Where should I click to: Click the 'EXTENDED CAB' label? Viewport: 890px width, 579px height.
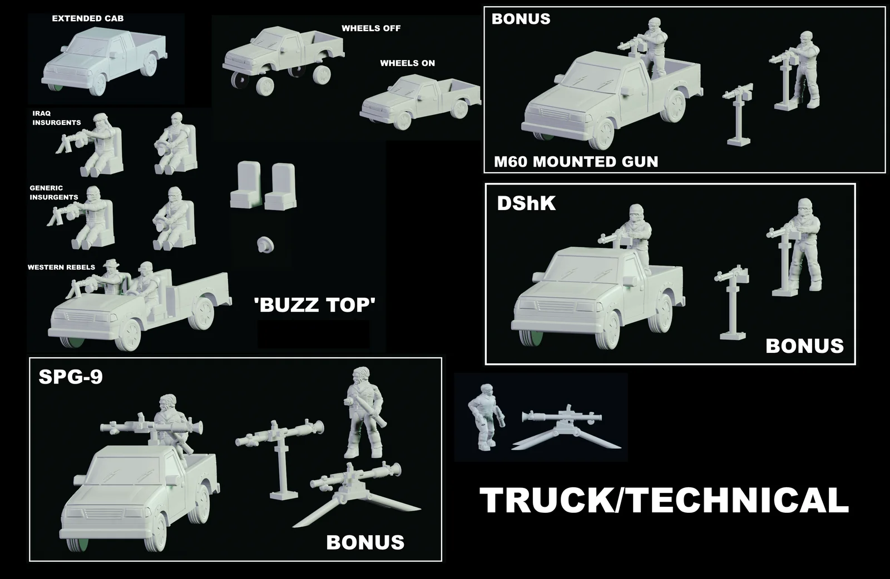click(88, 18)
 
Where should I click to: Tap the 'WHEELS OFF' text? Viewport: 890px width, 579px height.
click(370, 28)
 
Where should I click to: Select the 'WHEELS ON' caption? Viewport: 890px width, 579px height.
click(407, 63)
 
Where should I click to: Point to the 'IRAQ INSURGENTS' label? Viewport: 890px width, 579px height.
click(56, 118)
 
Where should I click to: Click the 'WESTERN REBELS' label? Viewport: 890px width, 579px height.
click(61, 267)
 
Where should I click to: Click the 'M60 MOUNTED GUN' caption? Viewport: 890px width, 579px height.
click(576, 162)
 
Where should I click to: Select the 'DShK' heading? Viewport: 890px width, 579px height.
click(526, 203)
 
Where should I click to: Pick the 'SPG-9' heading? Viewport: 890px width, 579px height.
click(71, 377)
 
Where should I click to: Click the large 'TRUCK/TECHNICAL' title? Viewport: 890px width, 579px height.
click(664, 500)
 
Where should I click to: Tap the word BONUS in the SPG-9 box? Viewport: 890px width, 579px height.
click(365, 542)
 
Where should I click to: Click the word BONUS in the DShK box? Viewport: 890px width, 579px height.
click(804, 346)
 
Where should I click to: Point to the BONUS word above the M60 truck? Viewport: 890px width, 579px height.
click(521, 19)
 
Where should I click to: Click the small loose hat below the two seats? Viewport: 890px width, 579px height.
click(266, 244)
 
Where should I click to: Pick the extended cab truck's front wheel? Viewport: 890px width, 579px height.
click(97, 83)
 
